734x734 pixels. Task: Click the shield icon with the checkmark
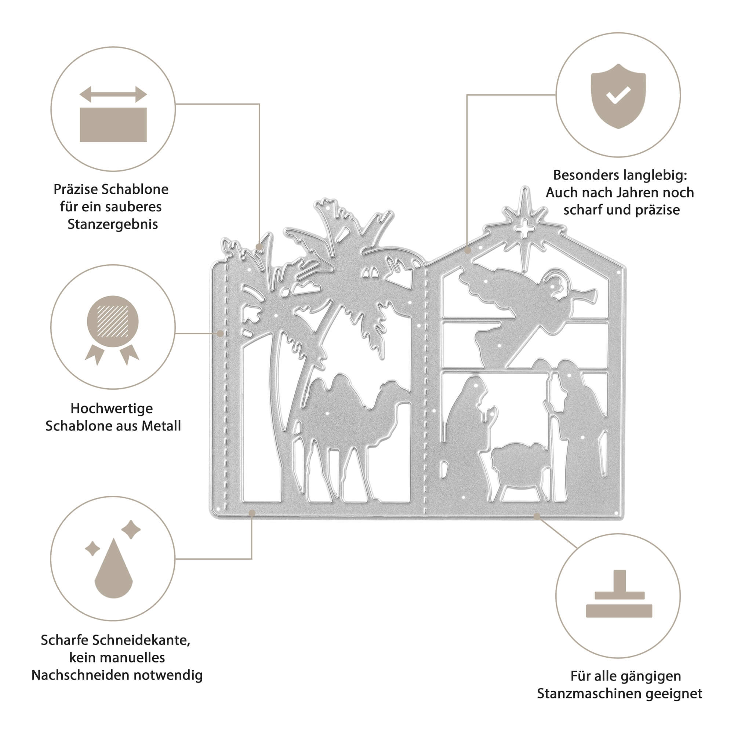tap(618, 96)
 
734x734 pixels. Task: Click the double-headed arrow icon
tap(113, 94)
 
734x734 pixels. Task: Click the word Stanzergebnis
tap(112, 224)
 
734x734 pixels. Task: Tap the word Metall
tap(161, 426)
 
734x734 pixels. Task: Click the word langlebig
tap(652, 175)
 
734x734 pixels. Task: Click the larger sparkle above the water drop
tap(131, 529)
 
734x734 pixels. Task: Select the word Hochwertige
tap(112, 408)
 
